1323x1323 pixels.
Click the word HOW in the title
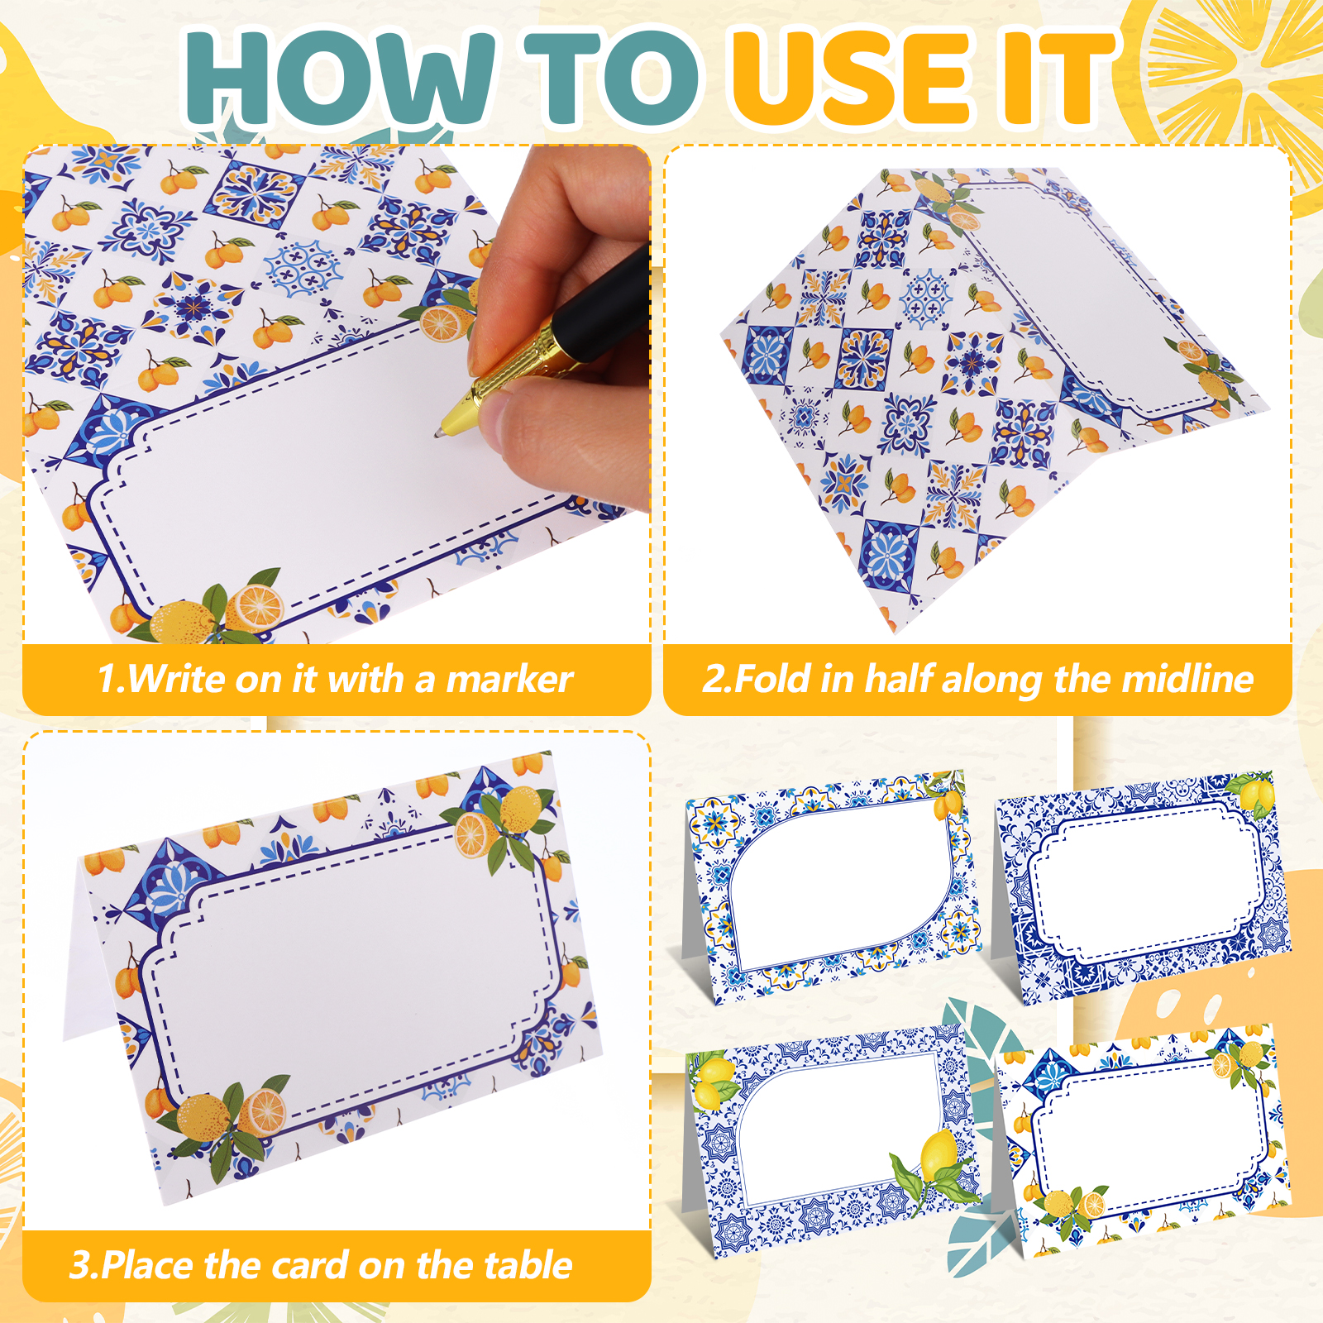tap(340, 78)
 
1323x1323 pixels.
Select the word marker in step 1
tap(509, 680)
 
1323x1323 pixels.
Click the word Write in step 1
tap(176, 680)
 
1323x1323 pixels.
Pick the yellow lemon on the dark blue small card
tap(1256, 795)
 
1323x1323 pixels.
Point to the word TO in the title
tap(613, 78)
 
